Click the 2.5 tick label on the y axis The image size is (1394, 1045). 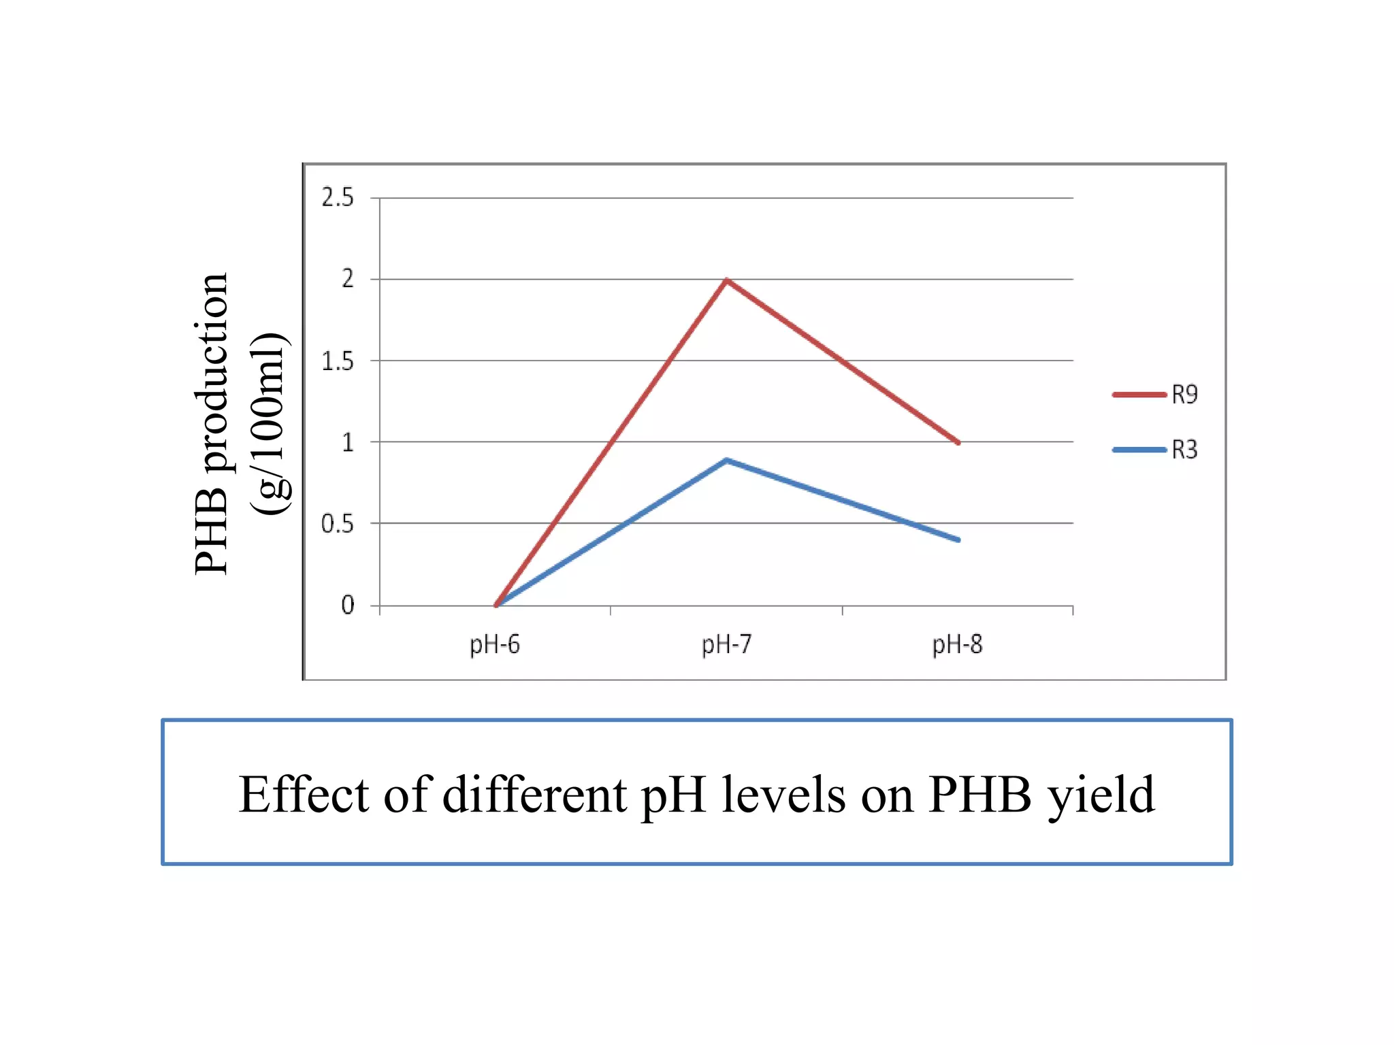point(338,198)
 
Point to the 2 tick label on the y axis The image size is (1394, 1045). point(348,279)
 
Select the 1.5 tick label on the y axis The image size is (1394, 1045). point(338,361)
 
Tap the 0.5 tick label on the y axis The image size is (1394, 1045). point(338,524)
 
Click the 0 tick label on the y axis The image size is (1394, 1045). point(348,605)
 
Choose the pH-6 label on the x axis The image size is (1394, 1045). point(495,644)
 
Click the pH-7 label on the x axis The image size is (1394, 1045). point(726,644)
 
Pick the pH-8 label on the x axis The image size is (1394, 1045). point(957,644)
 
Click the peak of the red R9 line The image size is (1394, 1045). point(727,280)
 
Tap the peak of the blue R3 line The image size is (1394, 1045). point(727,461)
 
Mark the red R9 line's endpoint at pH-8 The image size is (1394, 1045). point(958,442)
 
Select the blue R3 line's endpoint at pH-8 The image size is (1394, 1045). point(958,540)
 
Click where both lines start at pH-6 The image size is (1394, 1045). point(496,604)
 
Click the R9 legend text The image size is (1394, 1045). point(1184,395)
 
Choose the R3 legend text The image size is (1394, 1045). point(1184,450)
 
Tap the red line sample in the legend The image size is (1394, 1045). point(1139,395)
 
